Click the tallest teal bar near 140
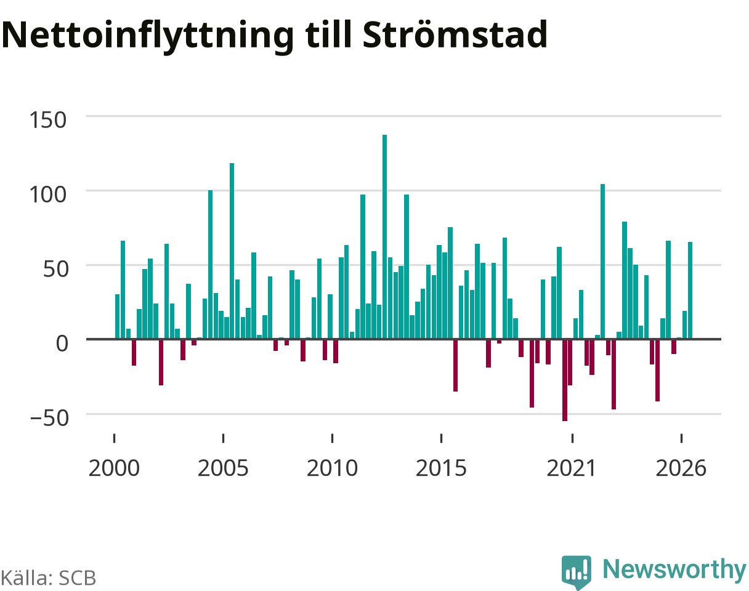click(x=384, y=236)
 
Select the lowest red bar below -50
click(x=565, y=380)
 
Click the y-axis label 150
click(x=47, y=120)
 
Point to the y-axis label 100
click(x=47, y=195)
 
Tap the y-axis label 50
click(x=55, y=269)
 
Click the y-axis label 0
click(x=62, y=344)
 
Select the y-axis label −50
click(x=49, y=418)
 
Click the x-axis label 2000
click(x=114, y=468)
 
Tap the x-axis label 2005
click(x=223, y=468)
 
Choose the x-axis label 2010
click(x=333, y=468)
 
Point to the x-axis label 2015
click(x=441, y=468)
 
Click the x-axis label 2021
click(x=572, y=468)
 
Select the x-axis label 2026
click(x=681, y=468)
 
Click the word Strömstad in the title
click(x=455, y=34)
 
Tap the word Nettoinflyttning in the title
click(x=148, y=37)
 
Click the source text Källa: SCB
click(x=49, y=577)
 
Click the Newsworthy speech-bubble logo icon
click(x=577, y=571)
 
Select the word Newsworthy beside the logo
click(x=674, y=569)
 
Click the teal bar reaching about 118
click(x=232, y=251)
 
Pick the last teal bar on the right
click(x=690, y=290)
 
